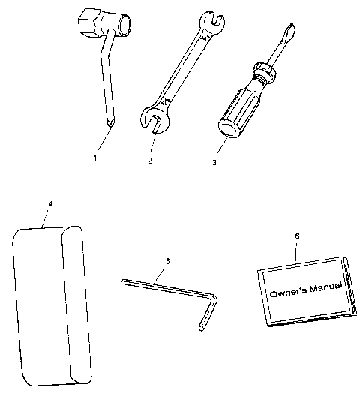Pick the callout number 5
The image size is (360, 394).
coord(167,261)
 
